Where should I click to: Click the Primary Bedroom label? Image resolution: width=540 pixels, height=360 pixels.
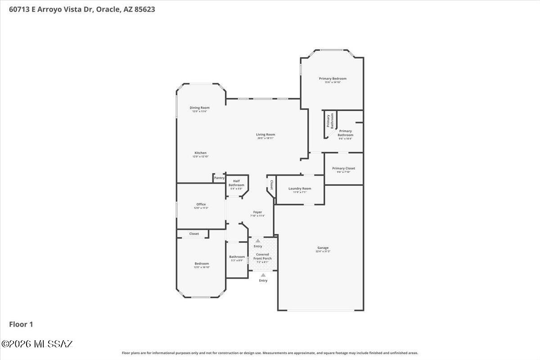(333, 79)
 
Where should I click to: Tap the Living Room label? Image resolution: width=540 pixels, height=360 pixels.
(265, 135)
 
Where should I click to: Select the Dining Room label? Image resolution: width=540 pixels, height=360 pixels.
(199, 108)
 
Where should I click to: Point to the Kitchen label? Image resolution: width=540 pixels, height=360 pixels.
(200, 153)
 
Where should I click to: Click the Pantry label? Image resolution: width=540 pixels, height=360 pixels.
(219, 178)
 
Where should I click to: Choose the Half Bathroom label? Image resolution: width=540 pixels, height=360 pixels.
(236, 183)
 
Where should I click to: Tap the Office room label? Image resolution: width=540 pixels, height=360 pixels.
(201, 204)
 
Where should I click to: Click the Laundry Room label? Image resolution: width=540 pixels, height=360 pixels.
(300, 189)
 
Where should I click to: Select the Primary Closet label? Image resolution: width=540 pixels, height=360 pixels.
(346, 168)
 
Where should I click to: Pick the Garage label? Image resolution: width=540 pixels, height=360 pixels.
(323, 248)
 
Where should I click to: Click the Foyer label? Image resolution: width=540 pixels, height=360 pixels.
(257, 212)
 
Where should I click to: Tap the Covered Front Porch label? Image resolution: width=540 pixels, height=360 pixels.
(262, 256)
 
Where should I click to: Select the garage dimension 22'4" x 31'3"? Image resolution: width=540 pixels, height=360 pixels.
(323, 252)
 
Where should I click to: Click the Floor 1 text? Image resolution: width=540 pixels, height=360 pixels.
(21, 324)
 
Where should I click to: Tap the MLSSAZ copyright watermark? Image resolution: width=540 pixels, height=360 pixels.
(37, 344)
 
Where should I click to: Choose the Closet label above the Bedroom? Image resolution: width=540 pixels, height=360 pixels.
(194, 234)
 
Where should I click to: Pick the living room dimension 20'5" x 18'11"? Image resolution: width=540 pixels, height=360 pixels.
(265, 138)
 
